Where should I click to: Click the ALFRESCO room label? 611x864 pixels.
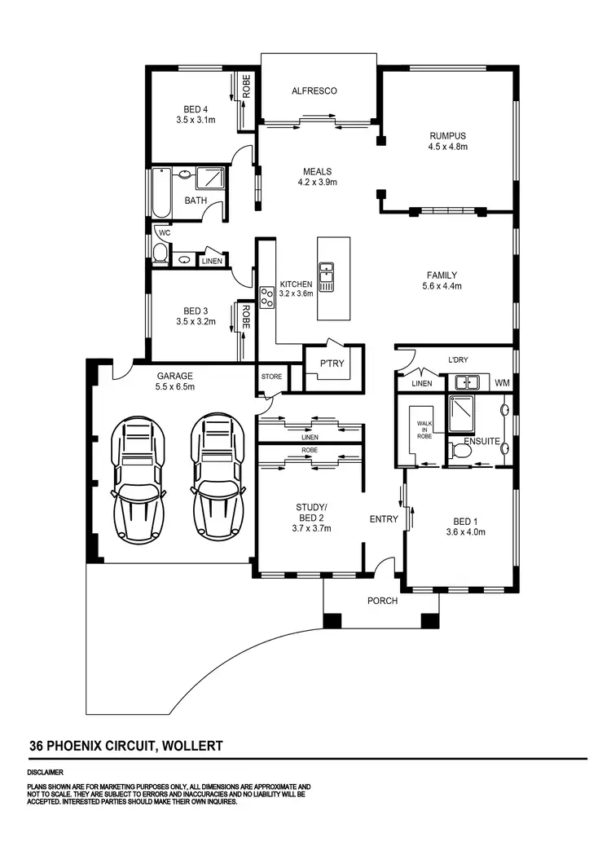(314, 91)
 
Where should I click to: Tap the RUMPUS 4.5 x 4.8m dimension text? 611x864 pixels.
(447, 148)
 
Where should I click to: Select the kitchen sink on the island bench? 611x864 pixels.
(326, 276)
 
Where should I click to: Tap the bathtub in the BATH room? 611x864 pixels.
(160, 192)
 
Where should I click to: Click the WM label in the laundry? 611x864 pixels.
(502, 382)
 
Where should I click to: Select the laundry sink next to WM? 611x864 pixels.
(467, 381)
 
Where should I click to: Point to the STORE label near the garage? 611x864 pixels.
(270, 377)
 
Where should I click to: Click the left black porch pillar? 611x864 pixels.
(331, 620)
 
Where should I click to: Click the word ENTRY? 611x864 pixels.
(384, 519)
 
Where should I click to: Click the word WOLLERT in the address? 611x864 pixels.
(192, 745)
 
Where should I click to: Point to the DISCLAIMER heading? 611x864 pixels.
(45, 772)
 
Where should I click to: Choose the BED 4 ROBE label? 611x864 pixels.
(246, 88)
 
